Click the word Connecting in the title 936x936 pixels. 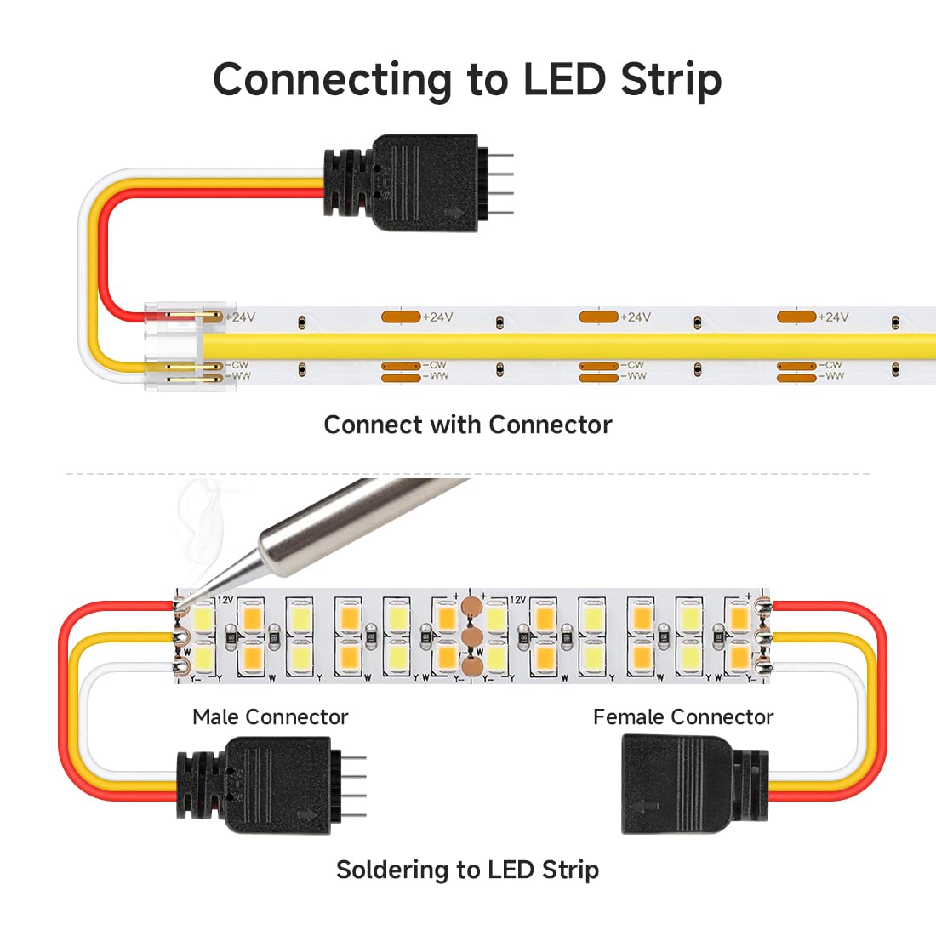332,79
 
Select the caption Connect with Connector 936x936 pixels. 467,425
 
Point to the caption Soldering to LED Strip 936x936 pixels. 467,870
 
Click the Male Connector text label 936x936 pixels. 270,717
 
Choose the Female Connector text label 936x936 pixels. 683,717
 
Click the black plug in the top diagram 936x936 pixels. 408,183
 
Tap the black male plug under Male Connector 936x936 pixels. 255,779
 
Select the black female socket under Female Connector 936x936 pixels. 681,784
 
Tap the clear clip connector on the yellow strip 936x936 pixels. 174,345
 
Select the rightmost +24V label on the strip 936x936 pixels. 833,317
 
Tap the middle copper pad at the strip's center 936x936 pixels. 471,637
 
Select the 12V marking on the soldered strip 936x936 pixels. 225,600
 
